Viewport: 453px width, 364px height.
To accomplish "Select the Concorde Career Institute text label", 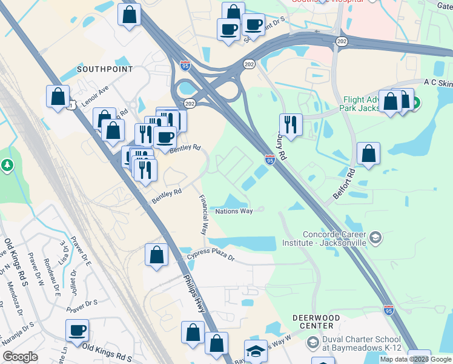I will (x=335, y=238).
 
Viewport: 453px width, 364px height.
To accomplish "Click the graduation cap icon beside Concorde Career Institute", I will (x=375, y=237).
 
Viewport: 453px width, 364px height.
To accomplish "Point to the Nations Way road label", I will (x=234, y=211).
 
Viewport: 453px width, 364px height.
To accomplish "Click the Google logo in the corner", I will (x=20, y=357).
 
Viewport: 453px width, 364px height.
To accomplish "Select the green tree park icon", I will (x=7, y=164).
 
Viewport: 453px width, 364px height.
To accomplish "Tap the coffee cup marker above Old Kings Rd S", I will (x=77, y=331).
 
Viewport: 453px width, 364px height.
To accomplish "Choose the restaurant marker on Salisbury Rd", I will (x=291, y=125).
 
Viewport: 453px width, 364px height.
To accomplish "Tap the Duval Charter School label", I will (x=361, y=343).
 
